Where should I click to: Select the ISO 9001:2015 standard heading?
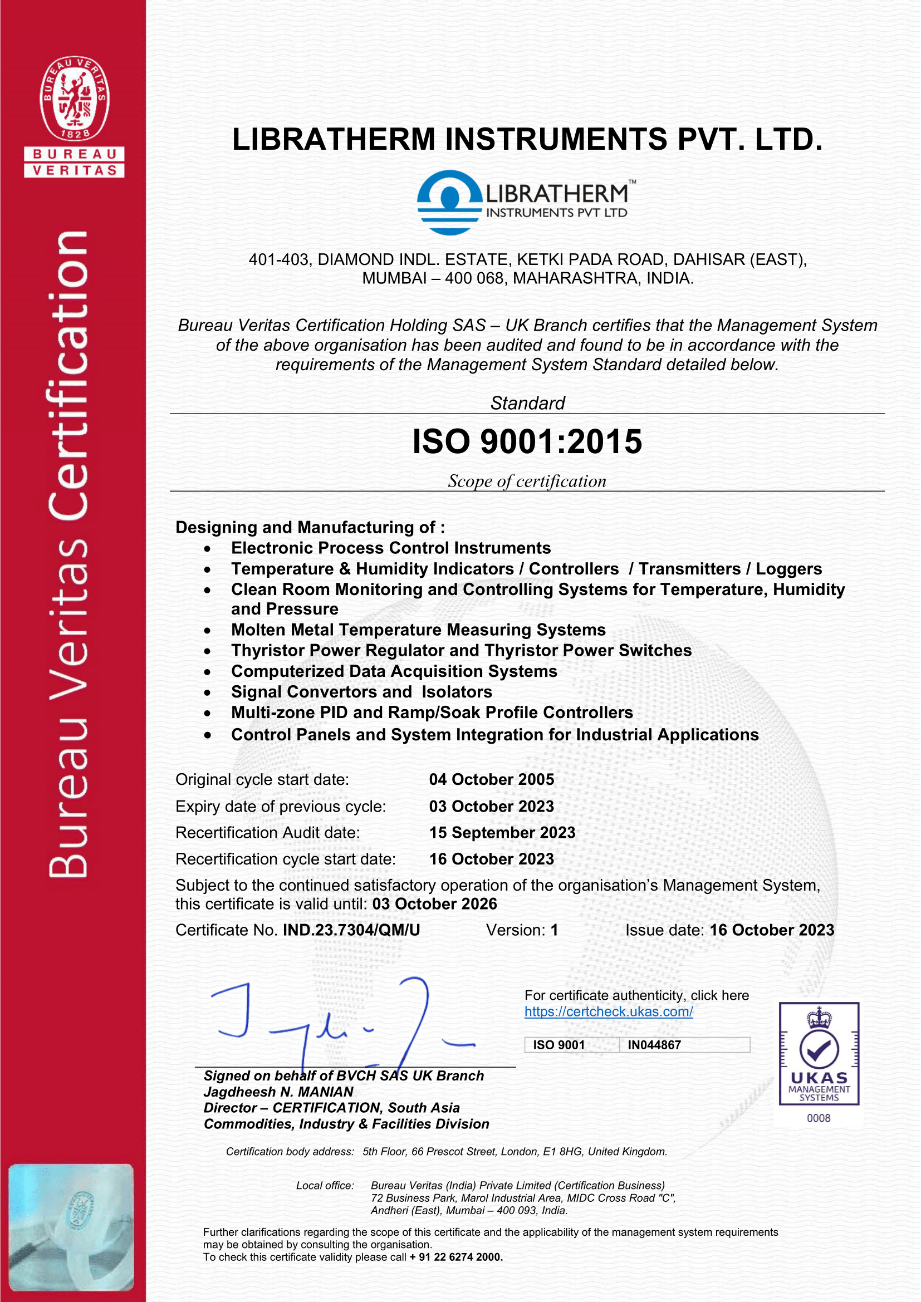(x=527, y=442)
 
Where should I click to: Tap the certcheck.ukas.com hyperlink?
(x=609, y=1011)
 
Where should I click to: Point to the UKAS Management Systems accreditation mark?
(x=819, y=1054)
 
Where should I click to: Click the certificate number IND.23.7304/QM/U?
(x=351, y=930)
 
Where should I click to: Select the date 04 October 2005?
(x=491, y=779)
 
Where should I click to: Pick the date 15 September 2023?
(x=502, y=832)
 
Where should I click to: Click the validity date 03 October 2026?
(x=434, y=904)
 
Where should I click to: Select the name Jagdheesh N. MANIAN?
(x=278, y=1092)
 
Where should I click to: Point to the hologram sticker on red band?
(x=71, y=1228)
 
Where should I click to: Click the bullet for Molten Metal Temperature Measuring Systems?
(x=208, y=631)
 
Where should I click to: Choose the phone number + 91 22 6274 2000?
(x=456, y=1257)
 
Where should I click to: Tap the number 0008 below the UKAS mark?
(x=819, y=1118)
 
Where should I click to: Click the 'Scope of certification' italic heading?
(x=527, y=481)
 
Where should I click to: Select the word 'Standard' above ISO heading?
(x=527, y=403)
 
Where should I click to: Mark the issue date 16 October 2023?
(x=771, y=930)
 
